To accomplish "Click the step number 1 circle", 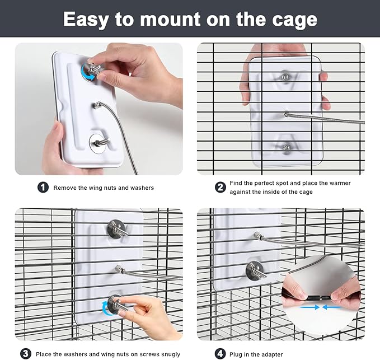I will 43,188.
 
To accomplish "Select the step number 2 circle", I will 221,188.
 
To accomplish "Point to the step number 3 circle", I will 26,353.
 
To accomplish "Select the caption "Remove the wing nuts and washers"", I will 104,188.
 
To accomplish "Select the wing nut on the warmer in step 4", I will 255,270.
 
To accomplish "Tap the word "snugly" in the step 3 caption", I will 168,354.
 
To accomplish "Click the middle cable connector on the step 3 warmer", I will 119,269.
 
